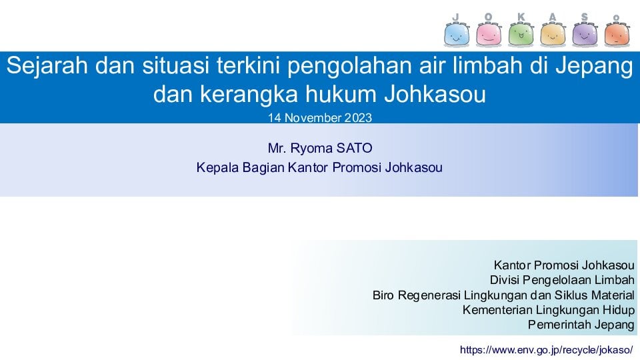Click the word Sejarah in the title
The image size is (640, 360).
[x=47, y=66]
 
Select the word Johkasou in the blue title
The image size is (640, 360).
[x=435, y=94]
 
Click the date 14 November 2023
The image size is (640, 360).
[x=320, y=118]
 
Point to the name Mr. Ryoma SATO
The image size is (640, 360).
[x=320, y=148]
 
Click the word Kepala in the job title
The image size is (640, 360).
[x=217, y=168]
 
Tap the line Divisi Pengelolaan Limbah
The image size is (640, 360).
[x=562, y=280]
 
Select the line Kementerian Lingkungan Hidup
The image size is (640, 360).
[x=549, y=310]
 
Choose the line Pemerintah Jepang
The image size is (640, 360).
[x=581, y=325]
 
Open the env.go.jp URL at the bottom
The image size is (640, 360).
[x=547, y=350]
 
